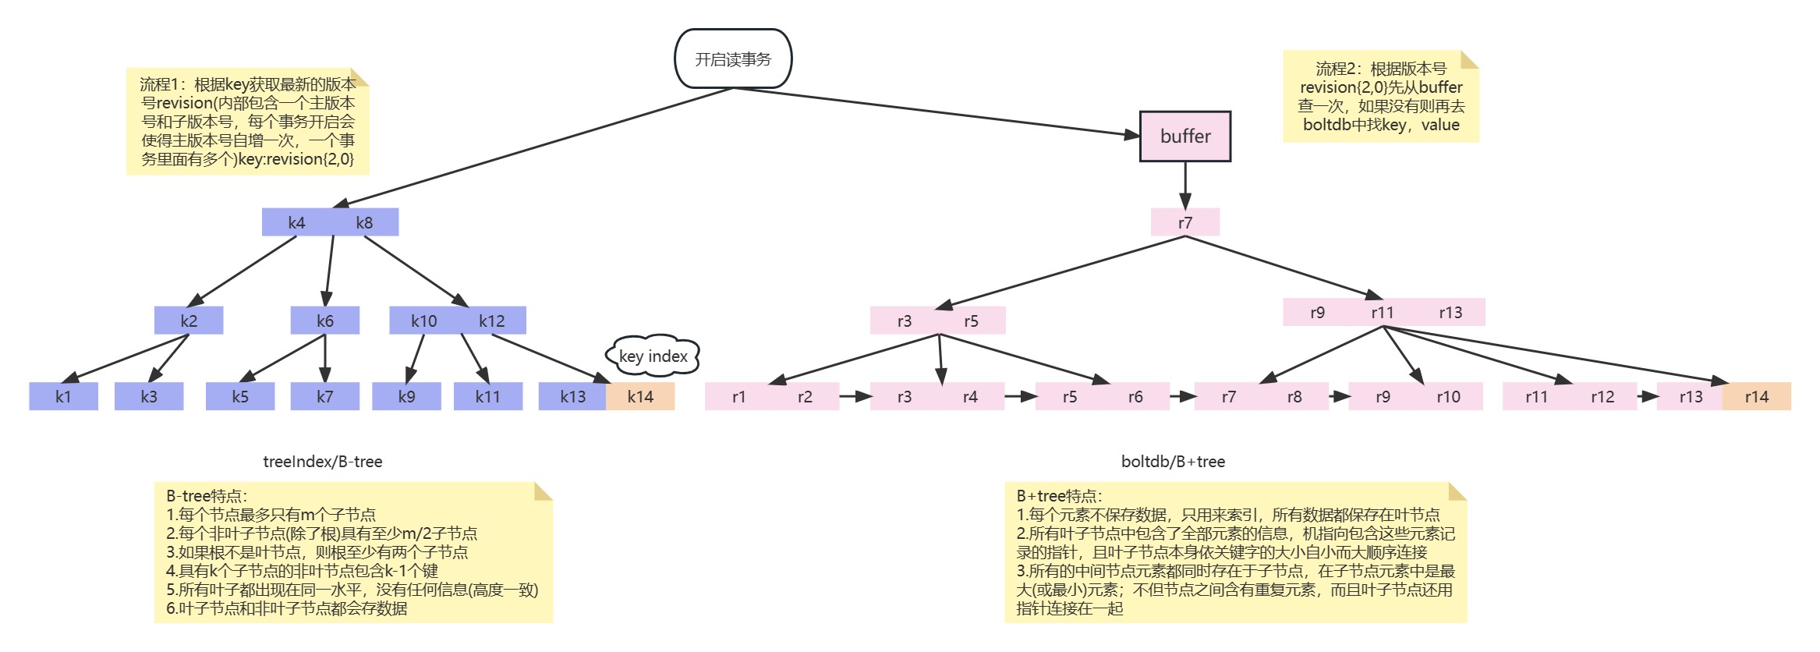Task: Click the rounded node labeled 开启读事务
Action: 733,59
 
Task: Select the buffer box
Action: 1184,136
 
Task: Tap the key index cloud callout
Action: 653,356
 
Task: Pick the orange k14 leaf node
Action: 640,396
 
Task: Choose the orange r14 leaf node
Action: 1756,396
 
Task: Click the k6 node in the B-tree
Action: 325,321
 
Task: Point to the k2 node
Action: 189,321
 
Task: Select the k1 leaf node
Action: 63,396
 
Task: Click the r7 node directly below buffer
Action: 1184,223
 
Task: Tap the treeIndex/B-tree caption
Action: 323,462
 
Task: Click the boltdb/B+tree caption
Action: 1173,462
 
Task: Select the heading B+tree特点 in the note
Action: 1059,496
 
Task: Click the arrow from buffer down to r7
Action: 1185,185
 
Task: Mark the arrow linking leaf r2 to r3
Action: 855,396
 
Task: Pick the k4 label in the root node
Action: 296,223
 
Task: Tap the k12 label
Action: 491,321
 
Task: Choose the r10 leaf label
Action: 1448,396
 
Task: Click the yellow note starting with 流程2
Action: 1380,97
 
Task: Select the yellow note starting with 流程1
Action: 247,122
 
